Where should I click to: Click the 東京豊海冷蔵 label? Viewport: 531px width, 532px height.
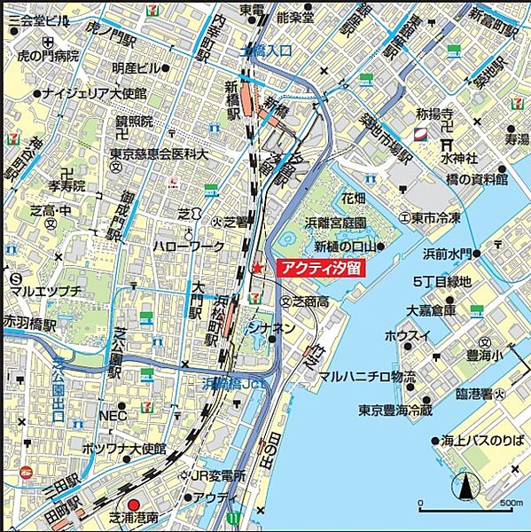pyautogui.click(x=395, y=410)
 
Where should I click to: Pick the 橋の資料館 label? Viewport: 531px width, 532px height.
pyautogui.click(x=477, y=179)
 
